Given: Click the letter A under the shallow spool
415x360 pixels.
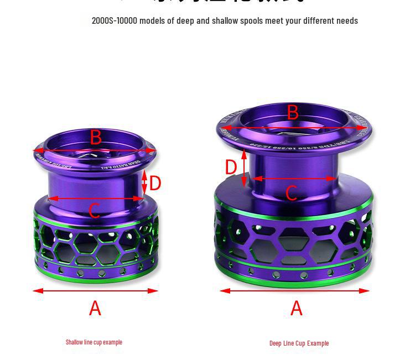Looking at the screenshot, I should [x=95, y=308].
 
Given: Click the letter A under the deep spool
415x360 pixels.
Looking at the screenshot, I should [x=297, y=308].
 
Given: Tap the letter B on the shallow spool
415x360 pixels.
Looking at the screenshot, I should [x=96, y=137].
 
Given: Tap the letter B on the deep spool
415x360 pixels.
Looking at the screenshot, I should [x=293, y=113].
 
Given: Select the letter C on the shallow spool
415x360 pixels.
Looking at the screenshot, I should [x=94, y=211].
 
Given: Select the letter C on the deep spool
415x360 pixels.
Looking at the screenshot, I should [x=292, y=192].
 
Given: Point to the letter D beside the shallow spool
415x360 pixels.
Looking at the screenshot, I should [x=155, y=183].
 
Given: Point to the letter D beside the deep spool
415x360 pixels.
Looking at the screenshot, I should [x=231, y=166].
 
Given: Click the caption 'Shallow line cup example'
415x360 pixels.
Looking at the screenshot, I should [x=94, y=342].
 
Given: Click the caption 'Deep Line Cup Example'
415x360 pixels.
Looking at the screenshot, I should [x=299, y=343].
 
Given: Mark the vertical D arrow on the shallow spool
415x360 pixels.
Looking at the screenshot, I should [x=145, y=182].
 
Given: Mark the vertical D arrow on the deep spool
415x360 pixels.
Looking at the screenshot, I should [x=244, y=166].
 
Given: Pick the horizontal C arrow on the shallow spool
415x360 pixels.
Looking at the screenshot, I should [x=95, y=199].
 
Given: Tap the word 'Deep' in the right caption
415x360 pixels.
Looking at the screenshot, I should [x=275, y=343].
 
